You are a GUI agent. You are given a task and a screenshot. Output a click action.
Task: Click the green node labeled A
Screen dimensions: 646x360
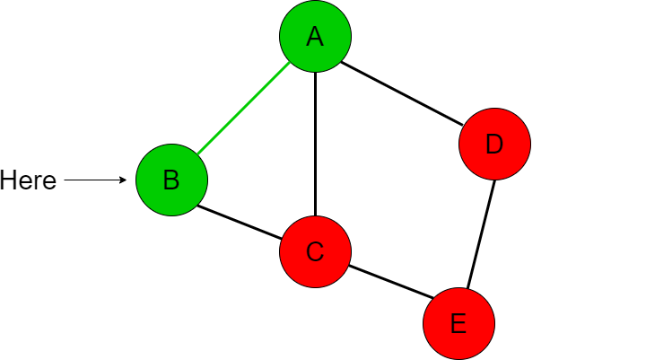[315, 36]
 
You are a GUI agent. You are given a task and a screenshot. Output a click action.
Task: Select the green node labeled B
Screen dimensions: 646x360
[171, 180]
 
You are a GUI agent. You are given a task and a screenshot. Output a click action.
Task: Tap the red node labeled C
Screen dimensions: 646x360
[315, 251]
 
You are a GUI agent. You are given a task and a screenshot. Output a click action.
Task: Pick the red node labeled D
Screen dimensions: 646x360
[494, 144]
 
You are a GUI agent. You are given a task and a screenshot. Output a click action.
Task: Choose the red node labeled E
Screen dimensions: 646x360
[459, 324]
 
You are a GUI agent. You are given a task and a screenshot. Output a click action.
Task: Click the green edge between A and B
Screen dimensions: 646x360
[243, 109]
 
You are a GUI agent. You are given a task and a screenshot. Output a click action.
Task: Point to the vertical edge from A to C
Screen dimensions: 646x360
[315, 144]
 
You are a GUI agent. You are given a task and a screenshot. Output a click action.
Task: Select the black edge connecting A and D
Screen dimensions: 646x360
[402, 93]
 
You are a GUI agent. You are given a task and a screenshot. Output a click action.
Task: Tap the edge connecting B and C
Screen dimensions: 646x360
[240, 222]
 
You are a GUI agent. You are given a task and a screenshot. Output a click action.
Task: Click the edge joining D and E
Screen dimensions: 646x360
[481, 234]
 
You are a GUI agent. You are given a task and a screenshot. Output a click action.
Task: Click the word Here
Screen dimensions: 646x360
[28, 180]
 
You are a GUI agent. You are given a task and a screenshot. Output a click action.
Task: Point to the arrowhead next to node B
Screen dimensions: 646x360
[123, 180]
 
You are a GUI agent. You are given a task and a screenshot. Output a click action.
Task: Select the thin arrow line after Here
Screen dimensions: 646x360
[96, 180]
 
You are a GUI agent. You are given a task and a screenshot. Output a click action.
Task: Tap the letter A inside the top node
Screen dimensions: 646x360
[315, 36]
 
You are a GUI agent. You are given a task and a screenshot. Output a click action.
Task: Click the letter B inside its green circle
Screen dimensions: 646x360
[171, 180]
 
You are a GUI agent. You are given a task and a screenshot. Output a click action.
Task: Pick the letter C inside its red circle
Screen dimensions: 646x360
[315, 251]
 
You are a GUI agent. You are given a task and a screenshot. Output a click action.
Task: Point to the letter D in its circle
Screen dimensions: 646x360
[494, 145]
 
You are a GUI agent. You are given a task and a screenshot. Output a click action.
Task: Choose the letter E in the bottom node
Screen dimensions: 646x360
[459, 324]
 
